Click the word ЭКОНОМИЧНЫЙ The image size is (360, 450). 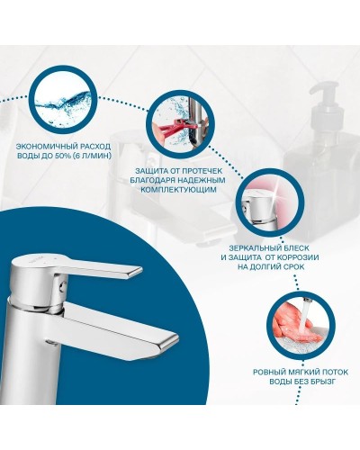point(44,147)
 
